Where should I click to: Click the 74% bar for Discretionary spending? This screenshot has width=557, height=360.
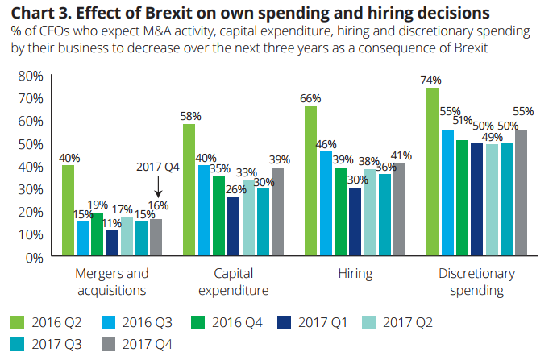(x=432, y=172)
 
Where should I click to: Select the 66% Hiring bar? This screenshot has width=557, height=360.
(x=310, y=181)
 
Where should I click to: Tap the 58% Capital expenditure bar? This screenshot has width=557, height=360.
(x=189, y=191)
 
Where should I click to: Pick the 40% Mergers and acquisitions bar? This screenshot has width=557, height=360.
(x=68, y=211)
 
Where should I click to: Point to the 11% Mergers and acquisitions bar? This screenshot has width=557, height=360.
(x=112, y=244)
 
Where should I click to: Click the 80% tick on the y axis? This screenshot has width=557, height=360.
(x=31, y=76)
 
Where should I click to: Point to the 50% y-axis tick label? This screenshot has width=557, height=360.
(x=31, y=144)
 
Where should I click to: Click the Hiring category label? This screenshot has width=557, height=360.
(x=355, y=273)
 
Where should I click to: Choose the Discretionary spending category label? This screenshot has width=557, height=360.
(x=477, y=281)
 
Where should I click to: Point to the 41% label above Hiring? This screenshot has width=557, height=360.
(x=401, y=155)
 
